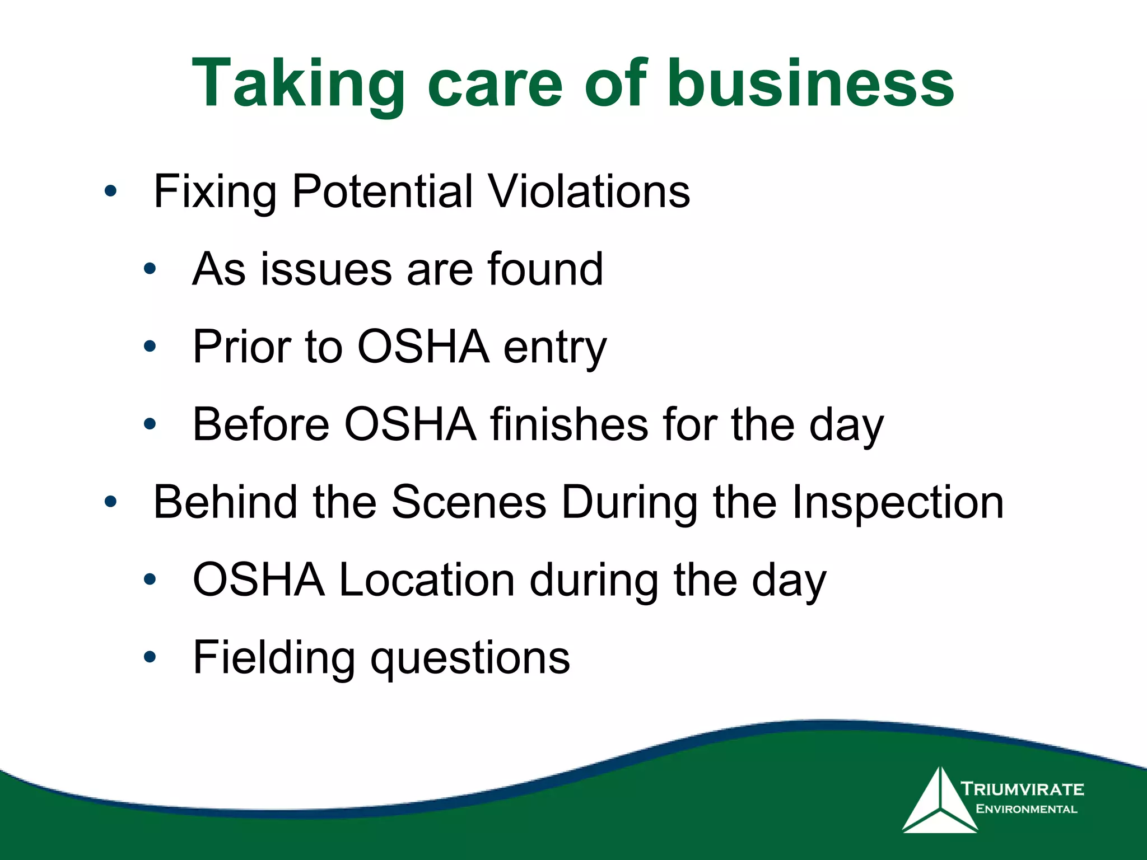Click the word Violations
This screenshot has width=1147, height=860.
tap(589, 191)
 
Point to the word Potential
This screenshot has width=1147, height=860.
tap(383, 191)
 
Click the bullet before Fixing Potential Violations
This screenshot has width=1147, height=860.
tap(111, 192)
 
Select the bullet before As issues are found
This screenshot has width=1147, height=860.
tap(150, 269)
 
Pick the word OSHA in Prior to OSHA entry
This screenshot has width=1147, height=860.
tap(423, 347)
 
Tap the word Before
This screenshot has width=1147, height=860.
tap(261, 424)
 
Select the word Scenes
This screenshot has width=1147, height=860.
tap(468, 502)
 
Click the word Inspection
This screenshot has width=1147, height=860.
tap(897, 502)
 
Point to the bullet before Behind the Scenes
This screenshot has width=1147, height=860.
tap(111, 502)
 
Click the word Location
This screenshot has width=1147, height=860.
tap(427, 580)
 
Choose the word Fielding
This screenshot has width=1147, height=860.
tap(274, 658)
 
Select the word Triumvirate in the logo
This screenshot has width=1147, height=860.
tap(1022, 789)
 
